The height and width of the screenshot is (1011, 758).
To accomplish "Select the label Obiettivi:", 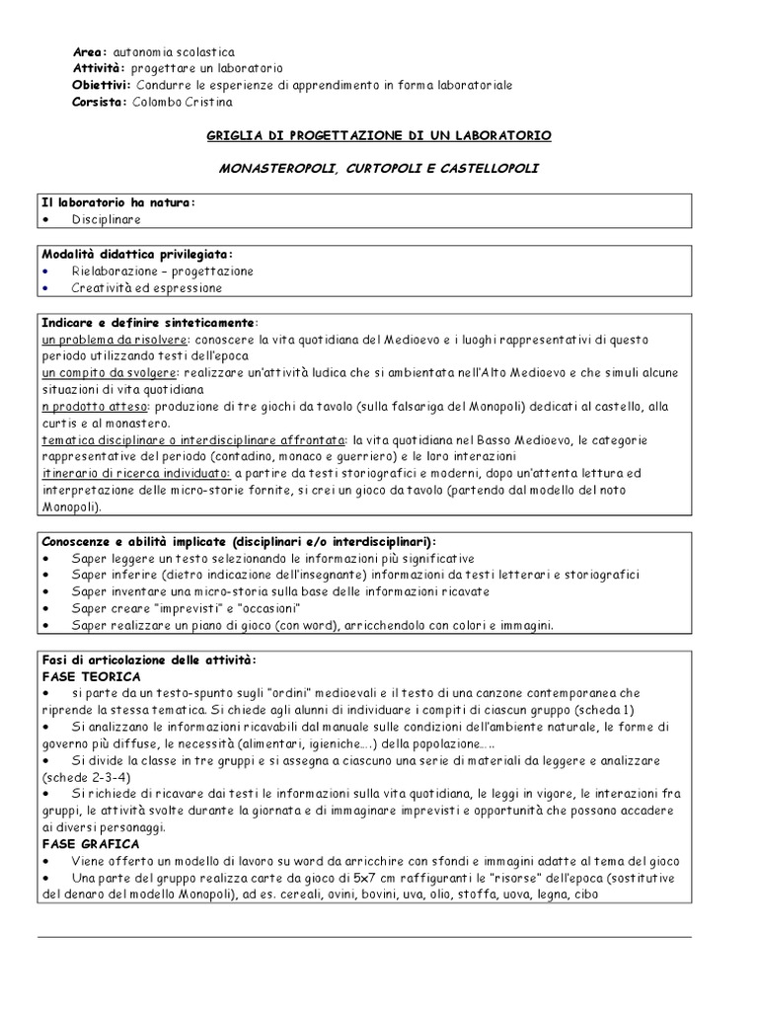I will [102, 85].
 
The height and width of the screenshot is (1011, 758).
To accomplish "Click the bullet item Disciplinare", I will [106, 219].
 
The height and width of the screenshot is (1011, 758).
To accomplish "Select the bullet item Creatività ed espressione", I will [146, 288].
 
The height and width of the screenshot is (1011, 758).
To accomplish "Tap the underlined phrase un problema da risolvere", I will [108, 339].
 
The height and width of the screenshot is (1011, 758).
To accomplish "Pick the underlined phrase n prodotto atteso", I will [94, 406].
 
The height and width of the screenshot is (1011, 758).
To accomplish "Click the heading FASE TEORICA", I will [92, 676].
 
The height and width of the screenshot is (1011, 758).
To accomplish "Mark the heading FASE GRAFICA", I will [90, 845].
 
